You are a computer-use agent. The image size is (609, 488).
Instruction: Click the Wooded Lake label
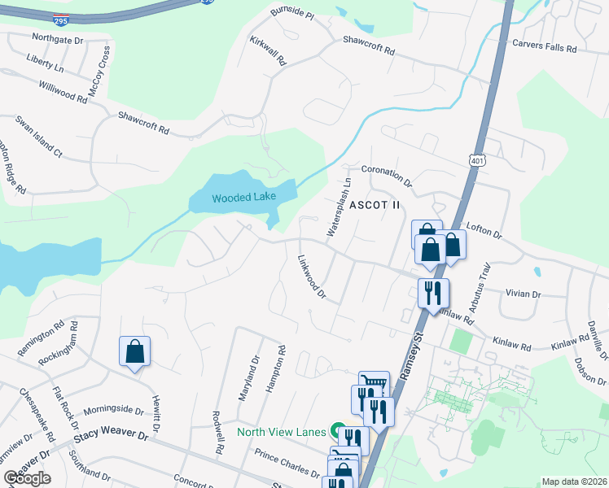click(243, 198)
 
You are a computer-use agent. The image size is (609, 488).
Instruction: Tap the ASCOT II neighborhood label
click(375, 206)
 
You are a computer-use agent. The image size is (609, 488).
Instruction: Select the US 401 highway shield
click(477, 160)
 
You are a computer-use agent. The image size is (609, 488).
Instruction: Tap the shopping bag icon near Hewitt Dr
click(135, 352)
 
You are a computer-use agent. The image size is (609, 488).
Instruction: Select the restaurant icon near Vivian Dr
click(433, 292)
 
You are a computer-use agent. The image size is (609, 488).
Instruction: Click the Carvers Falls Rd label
click(544, 47)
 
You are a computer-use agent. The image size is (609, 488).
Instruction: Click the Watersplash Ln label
click(339, 208)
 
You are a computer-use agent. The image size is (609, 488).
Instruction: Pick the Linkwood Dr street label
click(311, 278)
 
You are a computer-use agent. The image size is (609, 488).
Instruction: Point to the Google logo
click(27, 478)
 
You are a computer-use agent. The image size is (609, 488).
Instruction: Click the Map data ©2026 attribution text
click(574, 481)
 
